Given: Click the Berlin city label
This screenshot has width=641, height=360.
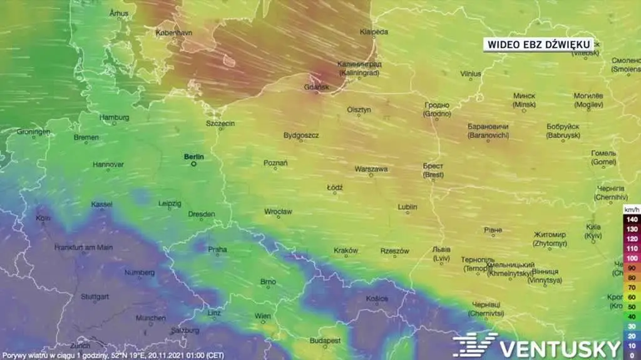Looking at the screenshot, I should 193,157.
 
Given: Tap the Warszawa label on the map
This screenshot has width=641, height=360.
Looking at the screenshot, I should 371,169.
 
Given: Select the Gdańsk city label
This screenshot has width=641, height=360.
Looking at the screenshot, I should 316,88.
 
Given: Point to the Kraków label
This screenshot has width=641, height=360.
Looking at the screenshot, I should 346,250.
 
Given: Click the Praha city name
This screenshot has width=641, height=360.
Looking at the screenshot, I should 217,249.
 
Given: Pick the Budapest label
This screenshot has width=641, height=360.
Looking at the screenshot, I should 326,341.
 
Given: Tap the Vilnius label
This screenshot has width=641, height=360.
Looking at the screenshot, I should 470,74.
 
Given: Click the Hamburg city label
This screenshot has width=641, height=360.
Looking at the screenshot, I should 115,117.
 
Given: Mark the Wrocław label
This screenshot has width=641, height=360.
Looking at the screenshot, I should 278,212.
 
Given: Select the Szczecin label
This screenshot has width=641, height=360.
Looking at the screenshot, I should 220,124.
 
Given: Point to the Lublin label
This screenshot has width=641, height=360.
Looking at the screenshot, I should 408,207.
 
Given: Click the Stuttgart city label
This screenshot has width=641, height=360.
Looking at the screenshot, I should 95,296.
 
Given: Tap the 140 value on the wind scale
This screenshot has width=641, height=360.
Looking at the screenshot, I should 632,220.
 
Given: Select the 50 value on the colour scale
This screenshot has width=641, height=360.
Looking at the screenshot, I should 632,307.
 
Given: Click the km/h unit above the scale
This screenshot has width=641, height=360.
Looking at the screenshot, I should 632,209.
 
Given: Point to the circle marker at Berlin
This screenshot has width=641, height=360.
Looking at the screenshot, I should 193,164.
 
